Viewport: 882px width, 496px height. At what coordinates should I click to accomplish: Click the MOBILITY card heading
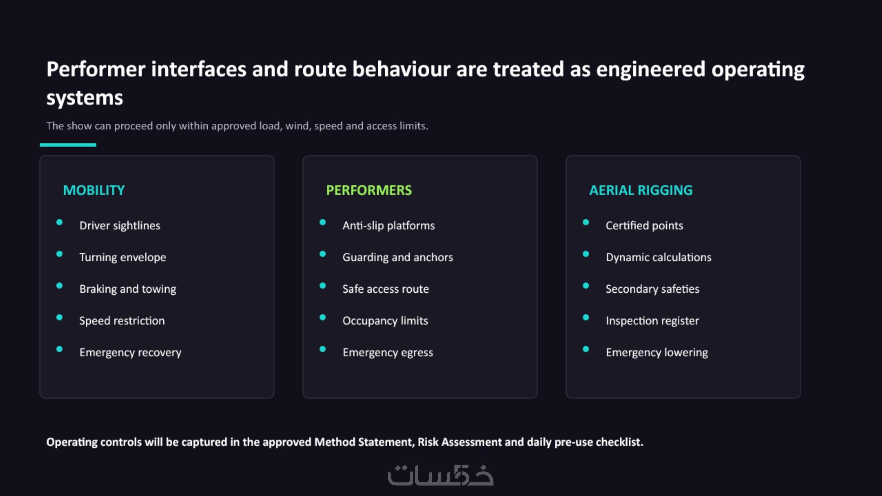(94, 190)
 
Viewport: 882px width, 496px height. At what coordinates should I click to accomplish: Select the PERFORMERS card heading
(369, 190)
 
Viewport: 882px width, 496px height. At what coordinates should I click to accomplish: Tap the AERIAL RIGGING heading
(641, 190)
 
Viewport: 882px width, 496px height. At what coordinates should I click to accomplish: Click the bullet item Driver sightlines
(119, 226)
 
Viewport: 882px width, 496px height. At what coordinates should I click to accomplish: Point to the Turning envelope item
(123, 257)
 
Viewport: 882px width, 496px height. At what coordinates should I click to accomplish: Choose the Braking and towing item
(128, 289)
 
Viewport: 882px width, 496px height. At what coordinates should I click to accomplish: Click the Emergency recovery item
(130, 352)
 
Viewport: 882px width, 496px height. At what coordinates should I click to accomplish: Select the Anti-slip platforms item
(389, 226)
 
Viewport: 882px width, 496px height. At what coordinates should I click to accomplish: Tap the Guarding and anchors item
(398, 257)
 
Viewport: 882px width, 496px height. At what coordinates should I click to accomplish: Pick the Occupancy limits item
(385, 321)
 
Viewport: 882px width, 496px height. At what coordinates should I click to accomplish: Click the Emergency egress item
(388, 352)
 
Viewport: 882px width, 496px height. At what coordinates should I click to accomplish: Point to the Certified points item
(644, 226)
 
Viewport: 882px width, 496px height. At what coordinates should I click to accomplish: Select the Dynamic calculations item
(658, 257)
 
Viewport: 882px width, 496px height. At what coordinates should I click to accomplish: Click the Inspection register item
(652, 321)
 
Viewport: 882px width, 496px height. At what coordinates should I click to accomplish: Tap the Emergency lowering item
(657, 352)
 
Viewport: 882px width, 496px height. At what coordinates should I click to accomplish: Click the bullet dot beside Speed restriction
(59, 317)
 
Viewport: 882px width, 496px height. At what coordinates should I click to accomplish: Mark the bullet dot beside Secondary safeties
(586, 285)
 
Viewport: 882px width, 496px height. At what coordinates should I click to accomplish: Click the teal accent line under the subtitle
(68, 145)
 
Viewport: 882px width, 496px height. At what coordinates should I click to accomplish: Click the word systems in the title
(85, 98)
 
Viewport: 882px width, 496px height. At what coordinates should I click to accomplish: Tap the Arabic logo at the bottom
(441, 475)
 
